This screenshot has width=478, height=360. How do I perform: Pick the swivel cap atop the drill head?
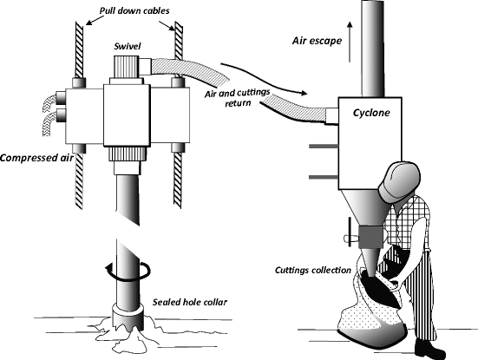[x=128, y=64]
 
